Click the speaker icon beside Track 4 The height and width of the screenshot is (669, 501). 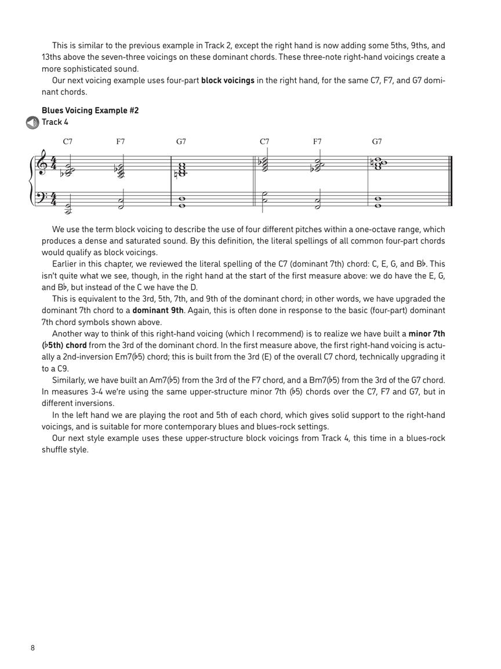pos(32,123)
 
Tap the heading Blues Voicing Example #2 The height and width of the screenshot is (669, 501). pos(90,110)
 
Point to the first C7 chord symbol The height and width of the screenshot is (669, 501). pos(68,141)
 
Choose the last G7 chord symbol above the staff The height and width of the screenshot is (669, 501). pos(377,141)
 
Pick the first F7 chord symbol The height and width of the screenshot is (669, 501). pos(121,141)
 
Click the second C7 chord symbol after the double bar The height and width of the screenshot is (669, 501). pos(265,141)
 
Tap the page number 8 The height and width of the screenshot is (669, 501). pos(33,648)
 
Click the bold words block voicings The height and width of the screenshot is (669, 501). pos(227,80)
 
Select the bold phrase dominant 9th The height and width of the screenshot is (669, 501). pos(158,310)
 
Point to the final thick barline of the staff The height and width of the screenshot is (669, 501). pos(451,181)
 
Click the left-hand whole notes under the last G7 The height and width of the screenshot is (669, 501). pos(378,202)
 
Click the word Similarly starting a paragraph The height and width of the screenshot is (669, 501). pos(70,380)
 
